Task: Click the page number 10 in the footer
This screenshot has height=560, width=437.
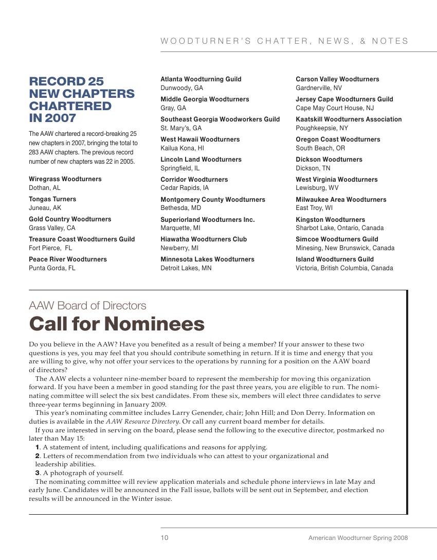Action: click(165, 538)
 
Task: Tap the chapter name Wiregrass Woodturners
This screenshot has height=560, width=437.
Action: click(65, 179)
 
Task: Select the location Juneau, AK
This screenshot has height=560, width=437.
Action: click(45, 208)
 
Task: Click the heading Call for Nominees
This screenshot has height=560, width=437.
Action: click(117, 324)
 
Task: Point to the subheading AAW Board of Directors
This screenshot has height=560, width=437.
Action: click(87, 306)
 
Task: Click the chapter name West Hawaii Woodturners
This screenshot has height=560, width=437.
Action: click(200, 139)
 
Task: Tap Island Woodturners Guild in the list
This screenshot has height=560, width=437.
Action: click(335, 259)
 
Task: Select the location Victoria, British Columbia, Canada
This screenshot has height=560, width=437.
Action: click(344, 268)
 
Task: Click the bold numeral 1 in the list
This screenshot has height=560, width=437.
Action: click(38, 447)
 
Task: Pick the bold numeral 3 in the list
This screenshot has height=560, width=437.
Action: click(38, 473)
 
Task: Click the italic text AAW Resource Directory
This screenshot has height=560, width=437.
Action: click(142, 422)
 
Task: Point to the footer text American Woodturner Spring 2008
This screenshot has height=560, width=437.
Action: click(358, 538)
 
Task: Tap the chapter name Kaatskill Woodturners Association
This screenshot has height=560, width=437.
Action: click(349, 119)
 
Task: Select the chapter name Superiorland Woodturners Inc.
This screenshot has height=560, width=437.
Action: click(207, 220)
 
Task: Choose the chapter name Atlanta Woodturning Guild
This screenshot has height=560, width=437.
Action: click(201, 79)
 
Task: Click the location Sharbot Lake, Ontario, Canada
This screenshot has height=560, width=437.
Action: click(339, 228)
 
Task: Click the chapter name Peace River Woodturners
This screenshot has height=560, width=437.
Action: click(68, 259)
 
